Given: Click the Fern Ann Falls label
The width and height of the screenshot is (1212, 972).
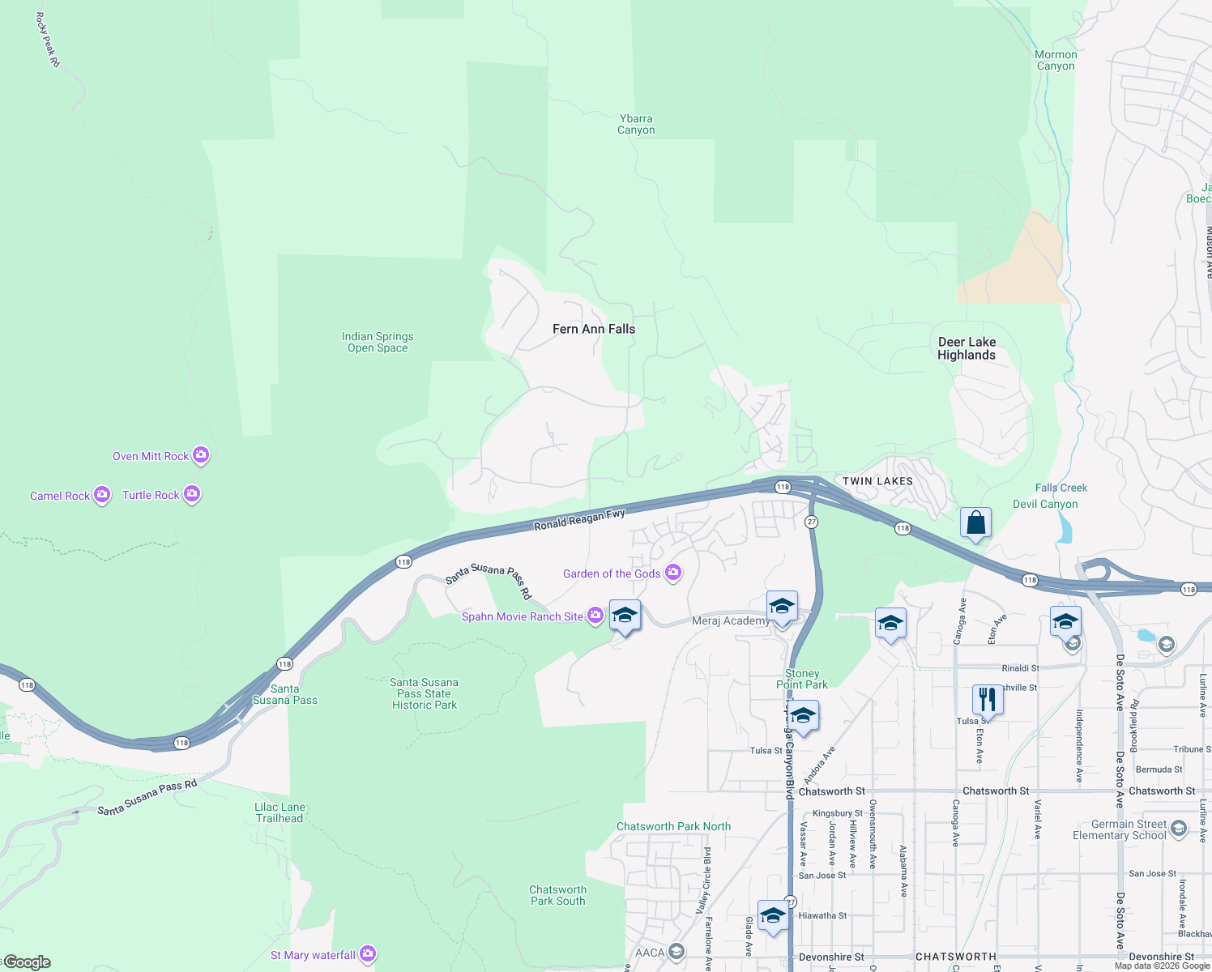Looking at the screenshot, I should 594,329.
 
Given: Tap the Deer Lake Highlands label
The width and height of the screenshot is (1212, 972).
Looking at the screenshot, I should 967,348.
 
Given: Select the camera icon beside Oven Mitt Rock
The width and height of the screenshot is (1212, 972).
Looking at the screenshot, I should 201,456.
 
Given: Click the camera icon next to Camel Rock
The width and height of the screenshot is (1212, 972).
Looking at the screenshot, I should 102,495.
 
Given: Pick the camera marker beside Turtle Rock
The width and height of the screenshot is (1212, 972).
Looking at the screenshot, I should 192,494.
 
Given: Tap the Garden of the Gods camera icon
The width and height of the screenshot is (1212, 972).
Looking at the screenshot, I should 673,573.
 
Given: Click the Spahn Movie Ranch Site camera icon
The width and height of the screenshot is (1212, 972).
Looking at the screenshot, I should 595,616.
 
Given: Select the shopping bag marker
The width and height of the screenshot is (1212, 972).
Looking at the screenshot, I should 976,523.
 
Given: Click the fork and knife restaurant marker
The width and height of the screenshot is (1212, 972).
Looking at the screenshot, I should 987,698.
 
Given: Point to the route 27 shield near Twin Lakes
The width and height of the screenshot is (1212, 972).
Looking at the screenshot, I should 811,522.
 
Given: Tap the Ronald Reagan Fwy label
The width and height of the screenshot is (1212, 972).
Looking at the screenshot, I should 579,520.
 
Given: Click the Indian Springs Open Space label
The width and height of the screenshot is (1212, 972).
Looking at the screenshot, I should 378,342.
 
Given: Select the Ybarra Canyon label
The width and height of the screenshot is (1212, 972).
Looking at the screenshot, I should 636,124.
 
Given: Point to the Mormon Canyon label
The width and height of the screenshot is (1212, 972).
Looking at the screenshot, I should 1056,61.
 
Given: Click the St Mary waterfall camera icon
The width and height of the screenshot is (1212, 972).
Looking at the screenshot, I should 368,954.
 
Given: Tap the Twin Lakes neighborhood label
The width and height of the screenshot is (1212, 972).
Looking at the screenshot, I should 877,481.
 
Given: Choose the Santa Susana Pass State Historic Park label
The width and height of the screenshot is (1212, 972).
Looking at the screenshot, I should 425,693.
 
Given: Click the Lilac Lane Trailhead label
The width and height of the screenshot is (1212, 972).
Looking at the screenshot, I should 280,812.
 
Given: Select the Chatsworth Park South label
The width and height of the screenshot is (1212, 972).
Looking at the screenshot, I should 558,895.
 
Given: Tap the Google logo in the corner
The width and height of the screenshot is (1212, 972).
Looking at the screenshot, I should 27,962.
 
